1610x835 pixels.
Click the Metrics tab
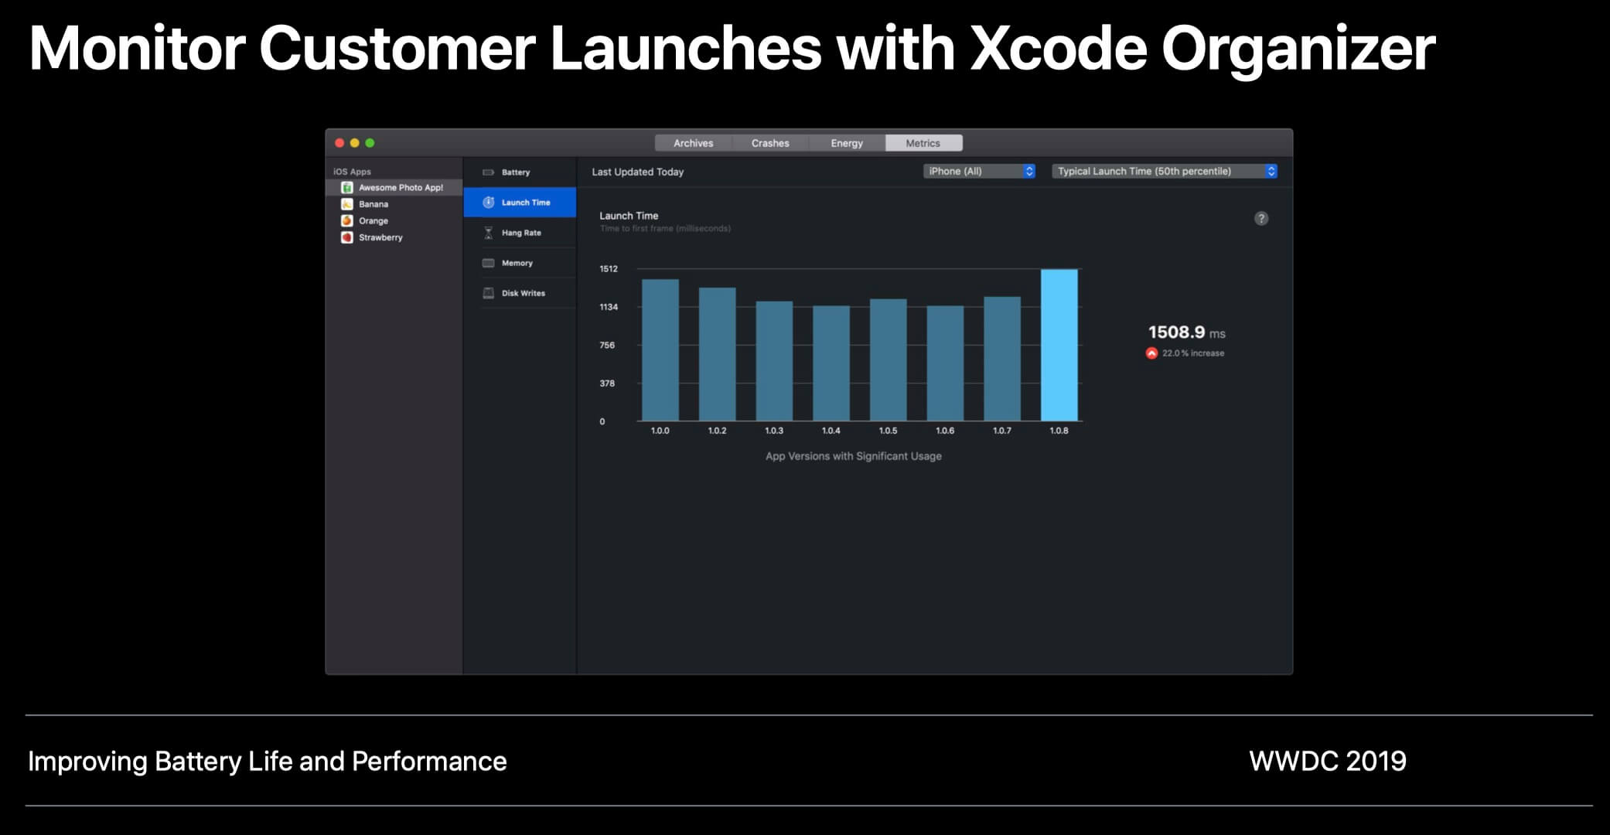point(923,143)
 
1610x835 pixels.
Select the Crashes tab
point(770,143)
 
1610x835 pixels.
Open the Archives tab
point(693,143)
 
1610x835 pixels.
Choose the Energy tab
point(847,143)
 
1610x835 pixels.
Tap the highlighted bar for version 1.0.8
point(1059,345)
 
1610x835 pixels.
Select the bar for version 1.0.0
point(660,349)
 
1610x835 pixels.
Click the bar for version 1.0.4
point(831,363)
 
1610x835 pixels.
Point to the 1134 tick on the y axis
point(609,307)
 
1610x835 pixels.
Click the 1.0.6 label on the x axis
point(945,431)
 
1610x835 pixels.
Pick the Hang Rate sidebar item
point(520,233)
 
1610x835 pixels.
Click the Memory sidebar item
point(517,263)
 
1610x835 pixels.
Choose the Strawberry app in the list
point(380,237)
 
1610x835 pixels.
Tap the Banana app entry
point(373,204)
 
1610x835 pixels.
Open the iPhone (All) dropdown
point(979,171)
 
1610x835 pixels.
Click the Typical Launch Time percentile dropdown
point(1164,171)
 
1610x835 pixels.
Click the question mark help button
point(1260,219)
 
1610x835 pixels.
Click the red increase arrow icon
point(1151,353)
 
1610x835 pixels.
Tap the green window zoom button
point(370,143)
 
